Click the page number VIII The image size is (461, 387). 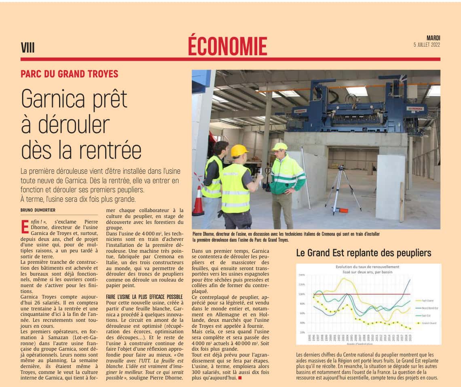[28, 48]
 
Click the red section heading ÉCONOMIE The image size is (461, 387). [227, 46]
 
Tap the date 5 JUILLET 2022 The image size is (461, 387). [427, 45]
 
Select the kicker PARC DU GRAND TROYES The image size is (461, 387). [70, 74]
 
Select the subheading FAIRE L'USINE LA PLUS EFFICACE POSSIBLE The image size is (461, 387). [144, 297]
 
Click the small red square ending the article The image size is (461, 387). [240, 378]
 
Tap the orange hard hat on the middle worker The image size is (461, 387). [239, 150]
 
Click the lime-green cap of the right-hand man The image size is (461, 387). [279, 146]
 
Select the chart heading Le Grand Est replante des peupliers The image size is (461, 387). [364, 253]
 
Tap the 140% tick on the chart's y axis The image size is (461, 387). [302, 275]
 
